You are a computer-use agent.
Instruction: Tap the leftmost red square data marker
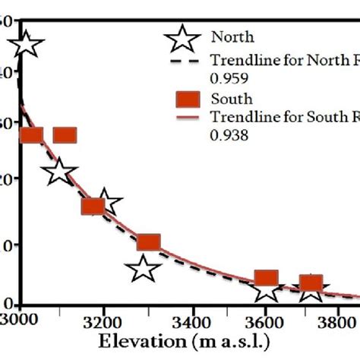[x=31, y=135]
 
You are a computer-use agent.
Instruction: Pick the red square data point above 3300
[x=149, y=242]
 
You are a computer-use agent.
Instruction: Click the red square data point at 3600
[x=266, y=279]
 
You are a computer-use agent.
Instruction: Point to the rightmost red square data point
[x=311, y=284]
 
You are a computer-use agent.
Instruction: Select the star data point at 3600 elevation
[x=267, y=289]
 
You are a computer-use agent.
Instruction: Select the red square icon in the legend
[x=186, y=99]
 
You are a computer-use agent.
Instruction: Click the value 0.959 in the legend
[x=228, y=76]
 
